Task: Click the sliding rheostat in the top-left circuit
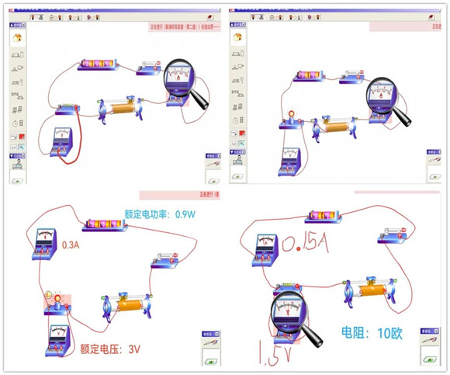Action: (x=119, y=109)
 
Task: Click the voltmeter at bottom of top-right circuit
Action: (x=290, y=158)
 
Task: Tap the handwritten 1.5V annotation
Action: (x=264, y=354)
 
